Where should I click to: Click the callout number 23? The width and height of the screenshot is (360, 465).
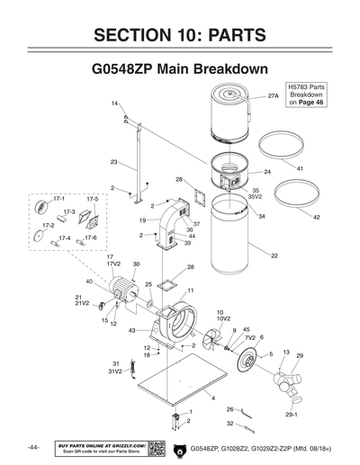click(114, 162)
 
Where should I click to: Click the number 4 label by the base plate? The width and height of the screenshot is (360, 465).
click(213, 397)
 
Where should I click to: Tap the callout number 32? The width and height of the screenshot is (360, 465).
click(229, 423)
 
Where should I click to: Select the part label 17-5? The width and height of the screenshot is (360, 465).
click(92, 198)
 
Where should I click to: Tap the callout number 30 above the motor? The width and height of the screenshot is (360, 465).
click(136, 264)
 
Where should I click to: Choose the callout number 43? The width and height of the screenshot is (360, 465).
click(132, 330)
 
